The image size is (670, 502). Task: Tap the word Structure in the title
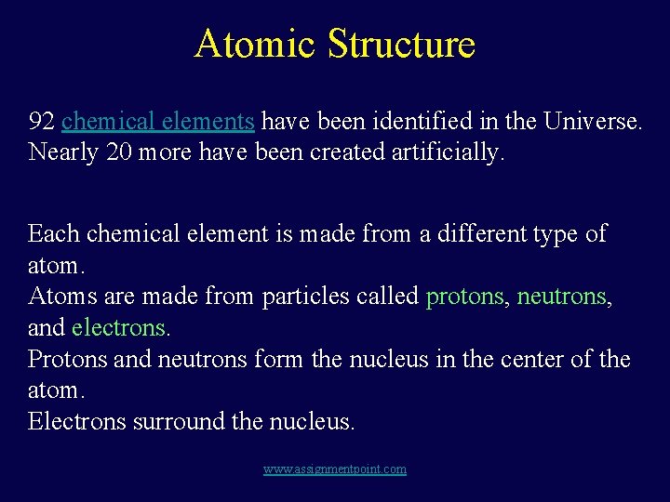402,44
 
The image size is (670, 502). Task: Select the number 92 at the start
42,121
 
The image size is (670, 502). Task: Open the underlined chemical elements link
158,121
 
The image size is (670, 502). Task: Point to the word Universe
593,121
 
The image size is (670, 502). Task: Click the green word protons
464,297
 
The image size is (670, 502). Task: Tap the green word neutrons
562,297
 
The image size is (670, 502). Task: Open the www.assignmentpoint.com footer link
335,469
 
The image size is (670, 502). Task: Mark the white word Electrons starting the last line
77,421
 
